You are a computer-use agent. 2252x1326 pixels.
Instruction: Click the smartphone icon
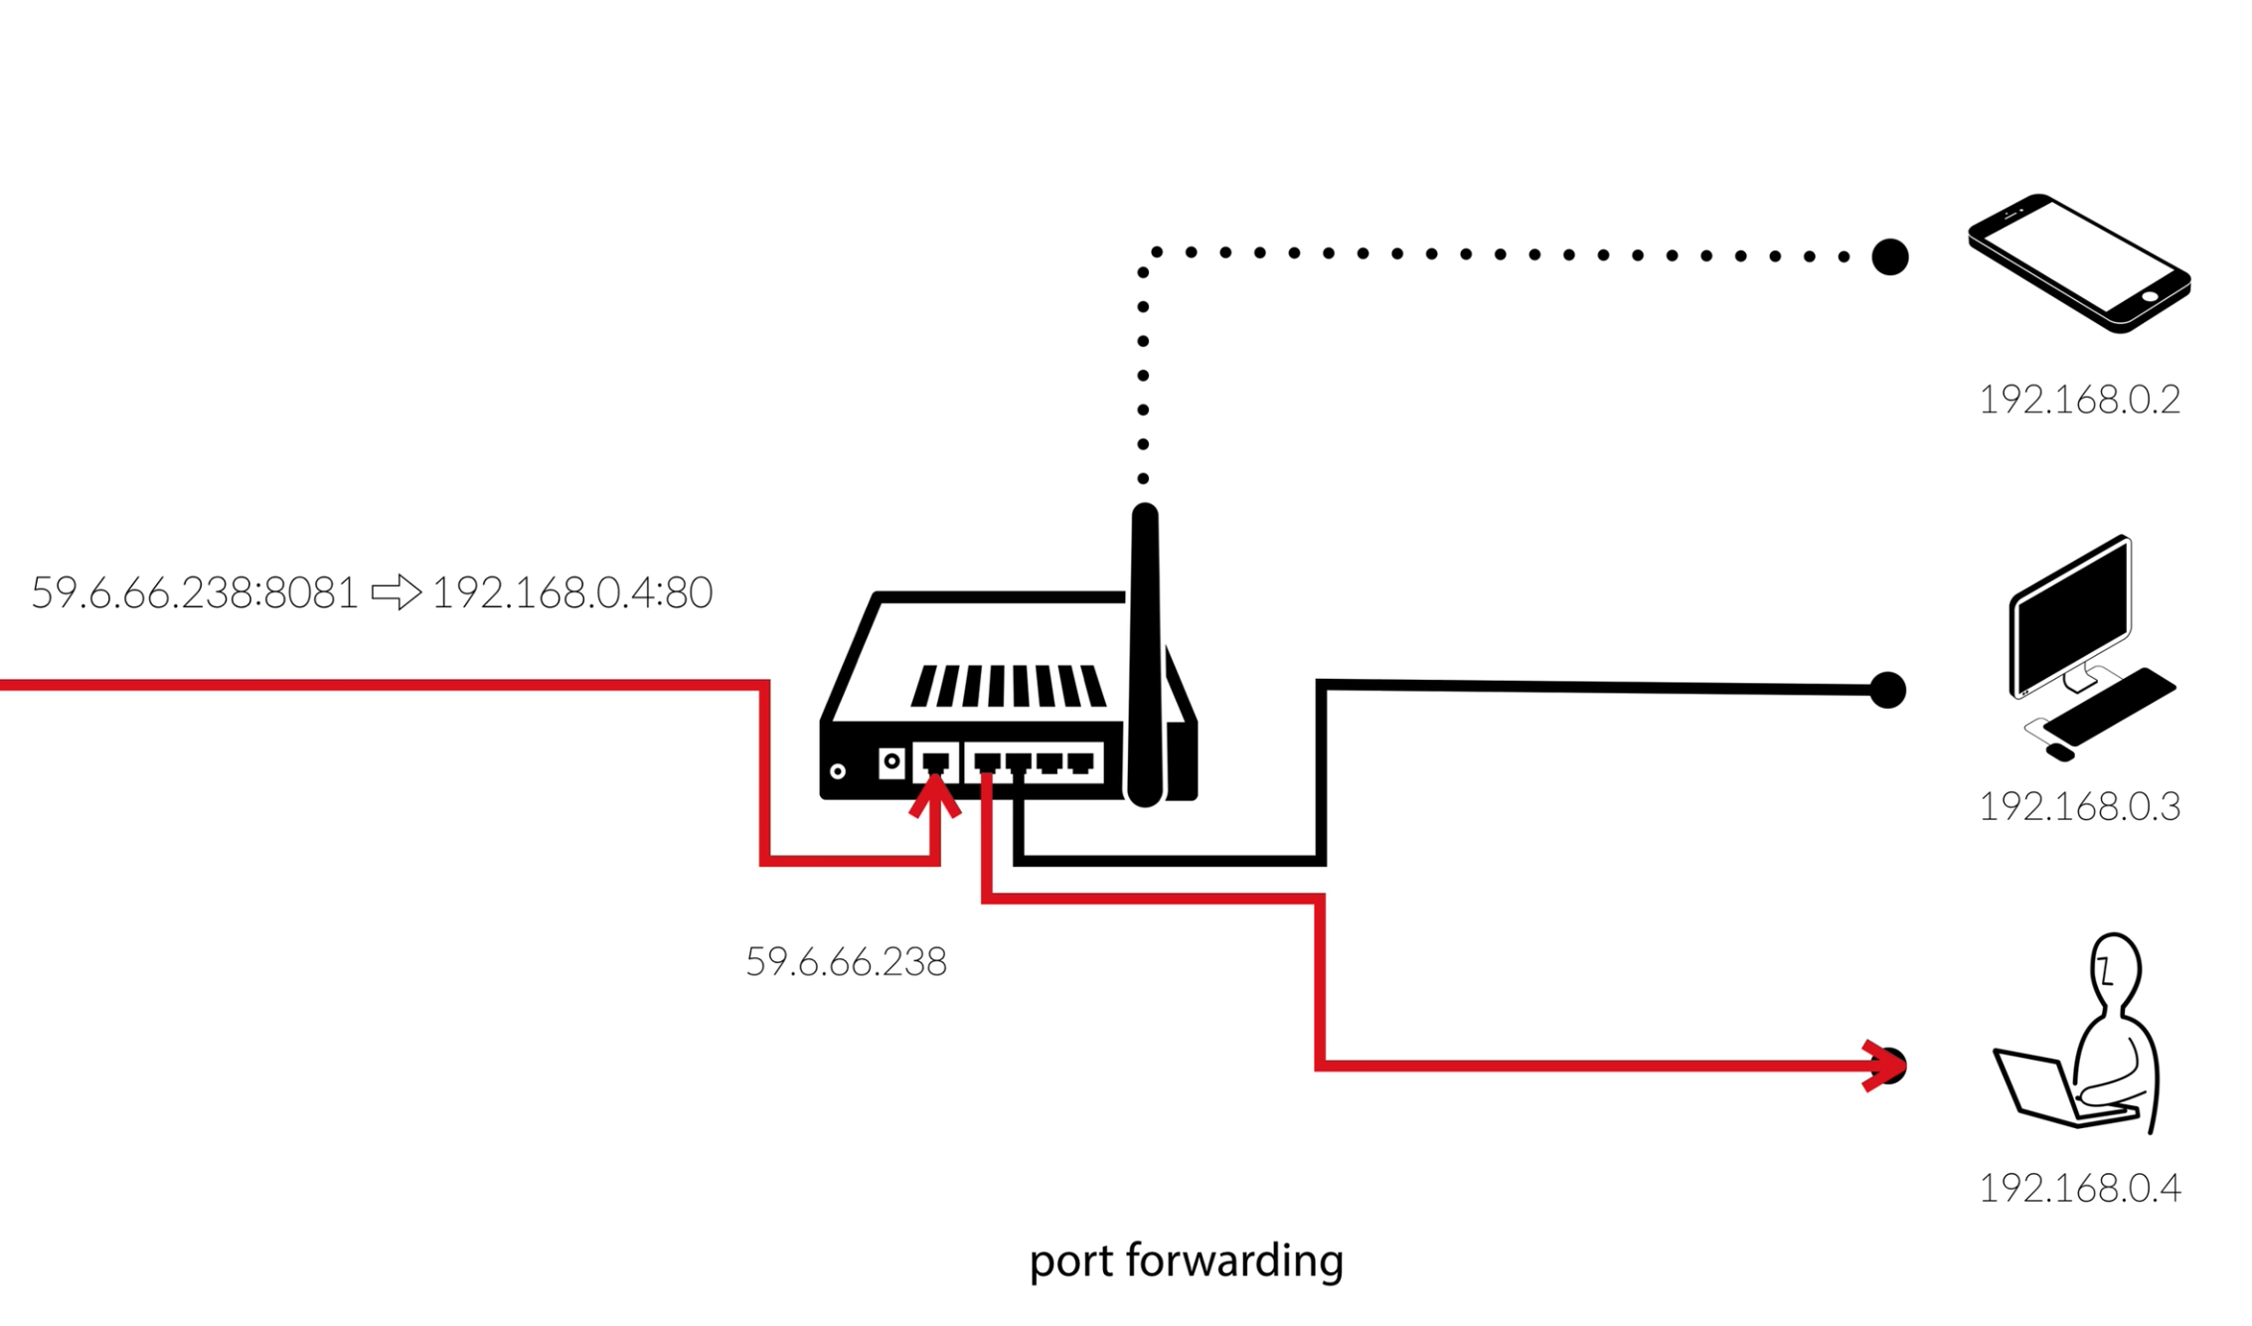click(x=2079, y=262)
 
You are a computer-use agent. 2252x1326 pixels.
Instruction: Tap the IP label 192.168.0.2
click(x=2079, y=400)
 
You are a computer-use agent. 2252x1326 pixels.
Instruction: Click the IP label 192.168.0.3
click(x=2079, y=806)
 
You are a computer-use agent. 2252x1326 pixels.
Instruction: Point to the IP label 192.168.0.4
click(x=2079, y=1188)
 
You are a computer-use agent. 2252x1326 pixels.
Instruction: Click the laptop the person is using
click(x=2047, y=1089)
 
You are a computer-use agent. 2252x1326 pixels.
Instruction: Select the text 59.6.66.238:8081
click(x=195, y=593)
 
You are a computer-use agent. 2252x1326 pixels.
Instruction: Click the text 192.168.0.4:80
click(x=572, y=593)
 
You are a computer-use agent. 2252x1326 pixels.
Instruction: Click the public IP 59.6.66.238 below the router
click(x=846, y=962)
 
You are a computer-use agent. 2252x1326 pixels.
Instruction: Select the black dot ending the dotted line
click(x=1889, y=256)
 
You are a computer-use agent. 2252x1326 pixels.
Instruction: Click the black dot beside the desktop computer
click(x=1887, y=690)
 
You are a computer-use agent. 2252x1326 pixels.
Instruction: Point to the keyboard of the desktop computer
click(x=2109, y=707)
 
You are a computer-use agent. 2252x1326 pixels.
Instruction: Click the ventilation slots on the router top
click(x=1008, y=686)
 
